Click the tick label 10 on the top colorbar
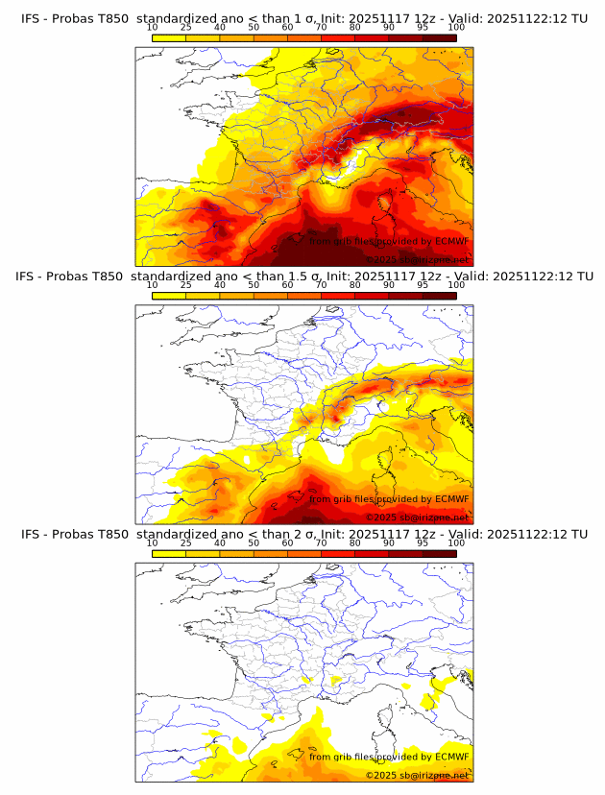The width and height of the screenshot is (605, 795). (x=152, y=27)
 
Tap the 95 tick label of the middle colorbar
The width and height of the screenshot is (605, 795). (x=423, y=285)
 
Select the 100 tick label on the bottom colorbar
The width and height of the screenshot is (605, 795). (x=456, y=542)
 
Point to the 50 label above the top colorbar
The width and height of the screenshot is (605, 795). (x=254, y=27)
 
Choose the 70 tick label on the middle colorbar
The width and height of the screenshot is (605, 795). (x=321, y=285)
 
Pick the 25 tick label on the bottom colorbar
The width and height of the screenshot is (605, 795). (x=185, y=542)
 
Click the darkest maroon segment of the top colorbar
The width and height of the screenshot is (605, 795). (x=439, y=37)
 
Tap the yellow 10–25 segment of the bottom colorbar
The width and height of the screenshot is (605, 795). (x=169, y=553)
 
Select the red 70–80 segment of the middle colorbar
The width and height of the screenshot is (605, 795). (x=338, y=296)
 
